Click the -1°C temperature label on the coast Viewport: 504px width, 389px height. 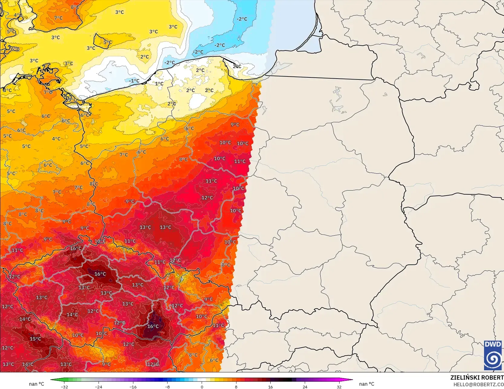[x=134, y=81]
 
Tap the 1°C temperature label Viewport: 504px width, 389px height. [x=159, y=84]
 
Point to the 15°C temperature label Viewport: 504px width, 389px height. [x=35, y=339]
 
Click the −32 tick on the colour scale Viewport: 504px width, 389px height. [x=64, y=387]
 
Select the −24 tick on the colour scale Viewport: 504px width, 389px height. [x=99, y=387]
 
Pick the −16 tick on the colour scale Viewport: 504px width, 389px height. [x=133, y=387]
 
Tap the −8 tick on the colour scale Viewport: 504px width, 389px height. [x=167, y=387]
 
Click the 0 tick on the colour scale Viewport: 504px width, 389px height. [x=202, y=387]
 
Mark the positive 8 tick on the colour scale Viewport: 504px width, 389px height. [x=236, y=387]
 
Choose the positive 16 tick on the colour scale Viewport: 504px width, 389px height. [x=271, y=387]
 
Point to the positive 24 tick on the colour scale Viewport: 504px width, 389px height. [x=305, y=387]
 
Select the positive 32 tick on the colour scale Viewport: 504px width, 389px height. [x=339, y=387]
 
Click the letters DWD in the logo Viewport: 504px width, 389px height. [x=493, y=344]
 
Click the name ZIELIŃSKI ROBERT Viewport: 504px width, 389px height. [x=477, y=378]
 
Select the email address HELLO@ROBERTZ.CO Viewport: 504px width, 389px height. [x=478, y=384]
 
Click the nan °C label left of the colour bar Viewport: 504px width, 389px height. [x=37, y=384]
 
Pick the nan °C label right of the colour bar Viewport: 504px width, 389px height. [x=367, y=384]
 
